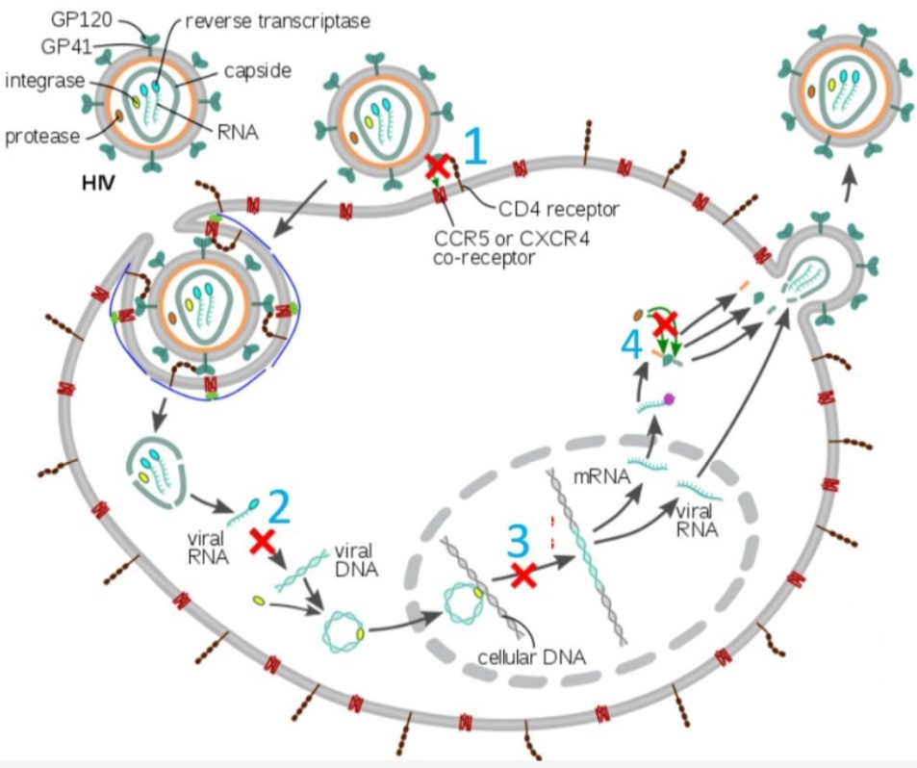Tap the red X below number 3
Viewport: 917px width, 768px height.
coord(522,576)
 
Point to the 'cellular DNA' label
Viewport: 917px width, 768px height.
coord(532,659)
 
